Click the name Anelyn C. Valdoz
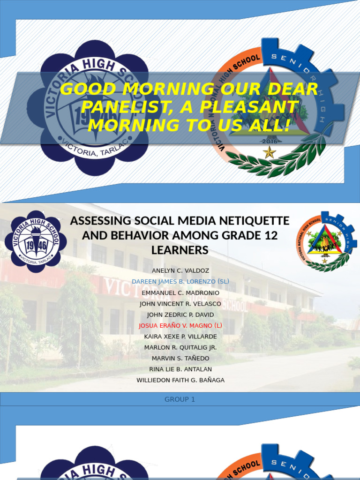(x=180, y=271)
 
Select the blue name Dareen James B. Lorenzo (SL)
(x=180, y=282)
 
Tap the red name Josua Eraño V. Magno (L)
(x=180, y=325)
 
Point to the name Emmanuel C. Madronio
(x=180, y=293)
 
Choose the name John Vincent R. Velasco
(x=180, y=304)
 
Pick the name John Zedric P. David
(x=180, y=315)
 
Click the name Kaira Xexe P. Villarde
(x=180, y=337)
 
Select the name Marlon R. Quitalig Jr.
(x=180, y=347)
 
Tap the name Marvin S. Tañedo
(x=180, y=358)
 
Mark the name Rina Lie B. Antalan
(x=180, y=369)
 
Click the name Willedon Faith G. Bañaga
(x=180, y=380)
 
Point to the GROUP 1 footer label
(x=180, y=399)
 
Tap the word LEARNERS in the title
(x=180, y=250)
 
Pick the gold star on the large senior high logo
(x=269, y=152)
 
